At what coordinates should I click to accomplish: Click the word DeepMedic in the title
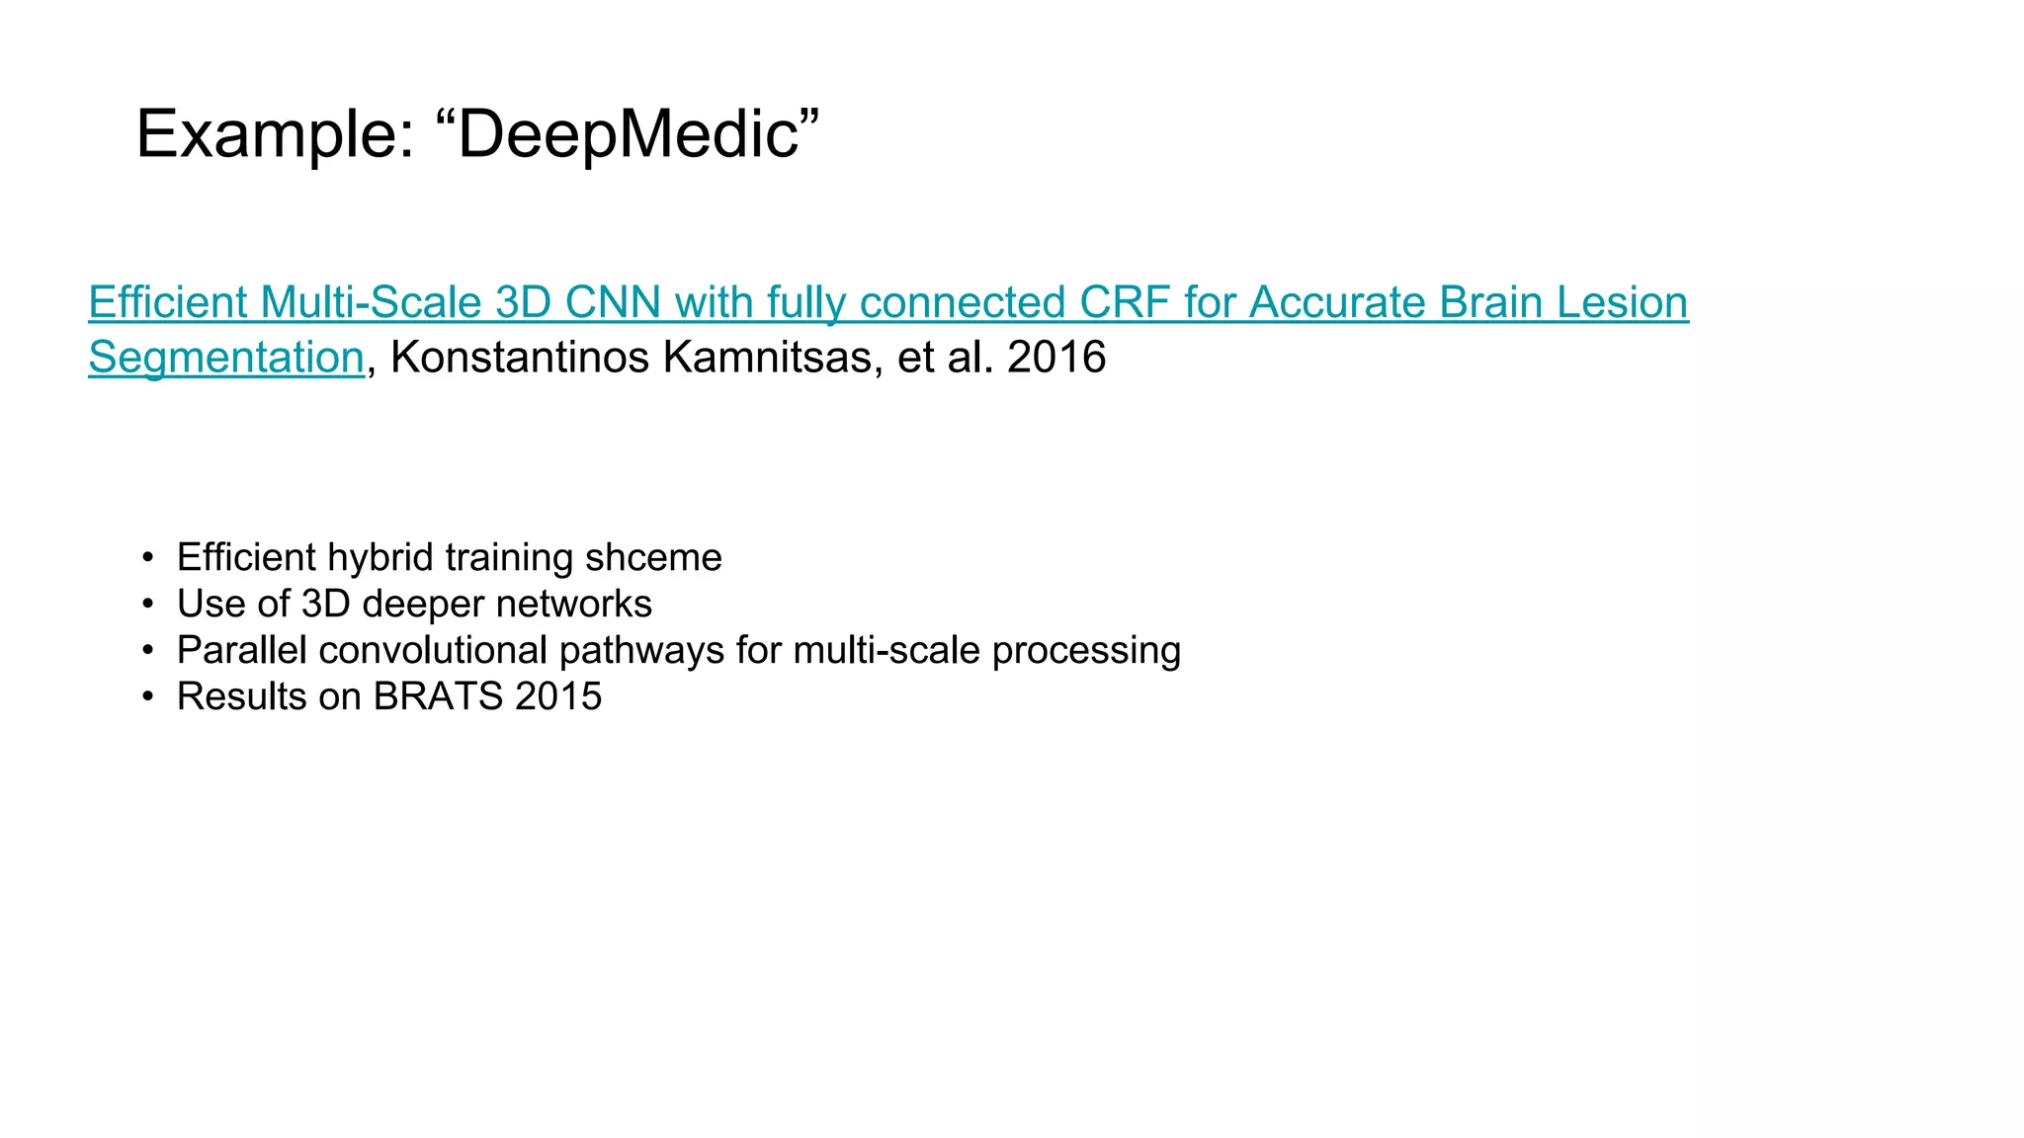click(628, 134)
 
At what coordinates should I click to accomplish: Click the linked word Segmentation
click(226, 358)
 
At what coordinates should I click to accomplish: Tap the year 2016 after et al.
click(1056, 358)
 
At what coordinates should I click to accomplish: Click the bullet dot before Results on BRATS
click(147, 697)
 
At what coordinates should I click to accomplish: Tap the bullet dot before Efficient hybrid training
click(147, 558)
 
